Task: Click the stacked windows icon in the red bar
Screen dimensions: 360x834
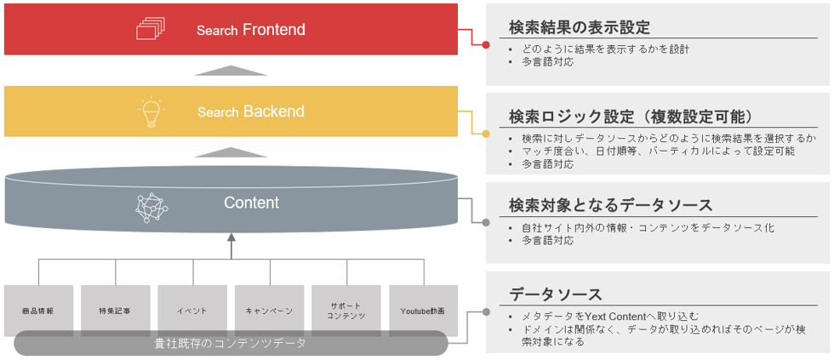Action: pyautogui.click(x=149, y=30)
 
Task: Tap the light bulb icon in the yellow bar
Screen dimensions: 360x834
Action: pyautogui.click(x=151, y=111)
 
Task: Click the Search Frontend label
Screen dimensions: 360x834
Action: pyautogui.click(x=250, y=30)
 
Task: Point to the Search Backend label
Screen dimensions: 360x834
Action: pyautogui.click(x=250, y=111)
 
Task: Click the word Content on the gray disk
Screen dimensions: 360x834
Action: pyautogui.click(x=251, y=203)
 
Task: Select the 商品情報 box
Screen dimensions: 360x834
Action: pyautogui.click(x=38, y=311)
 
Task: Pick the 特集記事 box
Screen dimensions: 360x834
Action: pyautogui.click(x=115, y=311)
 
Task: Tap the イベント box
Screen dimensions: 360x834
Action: pyautogui.click(x=192, y=311)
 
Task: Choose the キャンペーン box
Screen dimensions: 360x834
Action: pyautogui.click(x=269, y=311)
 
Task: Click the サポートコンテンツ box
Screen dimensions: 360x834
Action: pyautogui.click(x=346, y=311)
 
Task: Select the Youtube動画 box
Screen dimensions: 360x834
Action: pyautogui.click(x=423, y=311)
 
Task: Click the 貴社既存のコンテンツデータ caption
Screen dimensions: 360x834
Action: pyautogui.click(x=230, y=344)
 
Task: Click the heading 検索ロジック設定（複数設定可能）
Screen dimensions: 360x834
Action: pyautogui.click(x=631, y=116)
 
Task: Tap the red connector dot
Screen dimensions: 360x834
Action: pyautogui.click(x=486, y=44)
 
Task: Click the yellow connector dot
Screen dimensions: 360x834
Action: pyautogui.click(x=486, y=134)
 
